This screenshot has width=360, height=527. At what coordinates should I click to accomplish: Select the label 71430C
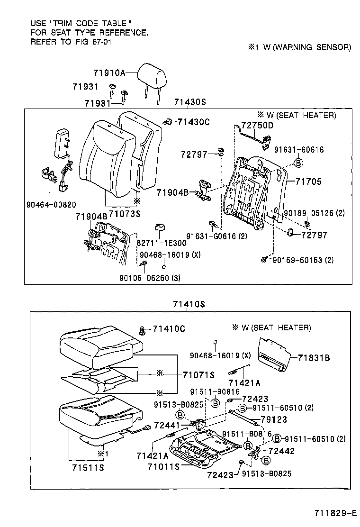coord(193,122)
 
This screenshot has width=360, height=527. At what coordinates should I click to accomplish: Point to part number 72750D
coord(257,125)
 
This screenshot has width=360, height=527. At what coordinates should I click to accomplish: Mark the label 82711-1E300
coord(162,243)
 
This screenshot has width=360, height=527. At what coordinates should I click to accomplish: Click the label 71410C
coord(169,329)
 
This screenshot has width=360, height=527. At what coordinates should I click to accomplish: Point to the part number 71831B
coord(314,358)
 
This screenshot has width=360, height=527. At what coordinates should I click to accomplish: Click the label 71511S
coord(88,469)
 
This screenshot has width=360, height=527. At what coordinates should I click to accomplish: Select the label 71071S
coord(199,374)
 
